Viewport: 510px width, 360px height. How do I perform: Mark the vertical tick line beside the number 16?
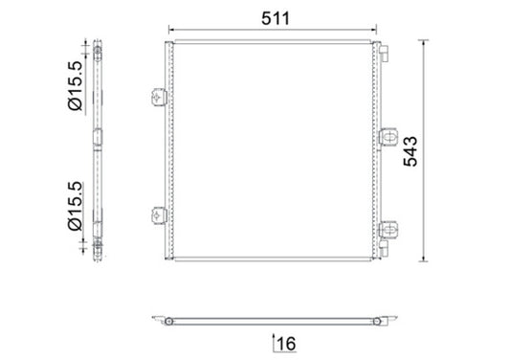click(x=275, y=341)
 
